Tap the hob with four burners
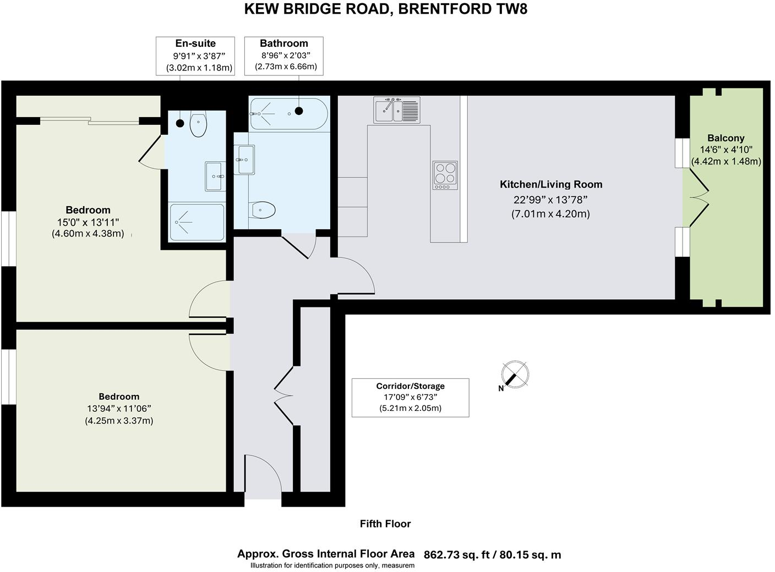445,175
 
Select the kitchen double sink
397,109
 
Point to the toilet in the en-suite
198,124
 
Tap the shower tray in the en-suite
197,222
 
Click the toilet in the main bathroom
263,210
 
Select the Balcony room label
726,138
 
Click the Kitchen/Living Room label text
551,185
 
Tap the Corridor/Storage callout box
410,397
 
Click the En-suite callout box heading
195,43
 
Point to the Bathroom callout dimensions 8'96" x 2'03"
286,55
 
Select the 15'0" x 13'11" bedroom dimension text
88,222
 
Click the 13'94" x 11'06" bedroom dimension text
119,409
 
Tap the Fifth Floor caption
385,524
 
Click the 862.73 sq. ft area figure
456,555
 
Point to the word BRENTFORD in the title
434,9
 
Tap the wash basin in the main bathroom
244,159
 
